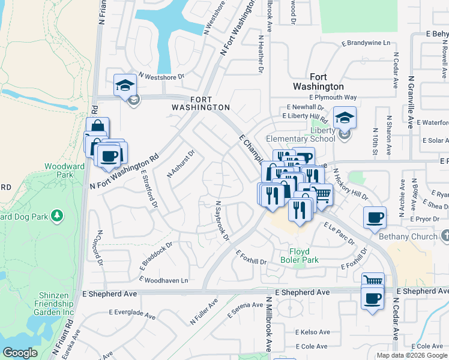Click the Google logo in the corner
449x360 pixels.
pyautogui.click(x=20, y=353)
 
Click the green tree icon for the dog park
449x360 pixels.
pyautogui.click(x=57, y=215)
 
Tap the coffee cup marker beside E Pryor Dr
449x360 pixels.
pyautogui.click(x=375, y=217)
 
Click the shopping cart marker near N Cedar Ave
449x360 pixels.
pyautogui.click(x=373, y=281)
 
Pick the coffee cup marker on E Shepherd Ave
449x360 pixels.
pyautogui.click(x=372, y=298)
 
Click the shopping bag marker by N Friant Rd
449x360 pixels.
pyautogui.click(x=97, y=128)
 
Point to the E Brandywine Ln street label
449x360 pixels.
pyautogui.click(x=366, y=43)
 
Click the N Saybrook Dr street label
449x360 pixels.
pyautogui.click(x=222, y=220)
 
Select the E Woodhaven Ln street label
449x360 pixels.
pyautogui.click(x=164, y=280)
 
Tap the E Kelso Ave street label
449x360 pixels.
pyautogui.click(x=312, y=332)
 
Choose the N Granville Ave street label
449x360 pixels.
pyautogui.click(x=411, y=102)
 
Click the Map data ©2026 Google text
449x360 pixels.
pyautogui.click(x=412, y=355)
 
